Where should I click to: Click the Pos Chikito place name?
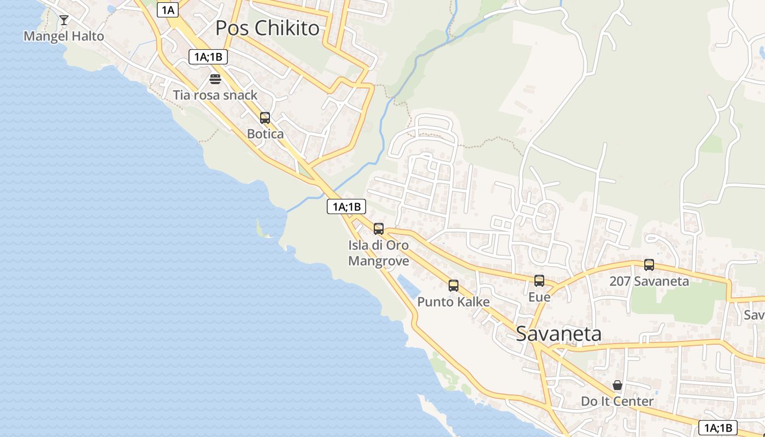click(267, 28)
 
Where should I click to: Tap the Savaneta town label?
click(558, 334)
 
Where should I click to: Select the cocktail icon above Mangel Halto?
click(64, 21)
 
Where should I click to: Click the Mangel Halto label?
click(63, 37)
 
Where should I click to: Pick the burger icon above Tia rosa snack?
click(215, 80)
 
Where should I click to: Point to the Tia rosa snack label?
click(215, 95)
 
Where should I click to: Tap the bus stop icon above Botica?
click(265, 118)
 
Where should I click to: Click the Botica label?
click(265, 134)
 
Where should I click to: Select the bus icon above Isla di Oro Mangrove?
click(379, 229)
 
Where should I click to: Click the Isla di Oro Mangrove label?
click(379, 253)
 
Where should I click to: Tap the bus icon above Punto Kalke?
click(454, 286)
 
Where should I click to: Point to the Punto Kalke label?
click(454, 302)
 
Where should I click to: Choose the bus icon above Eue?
click(539, 281)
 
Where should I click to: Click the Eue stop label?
click(539, 297)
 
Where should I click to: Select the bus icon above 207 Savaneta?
click(649, 265)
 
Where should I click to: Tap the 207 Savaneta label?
click(649, 281)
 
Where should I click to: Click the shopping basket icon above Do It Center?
click(617, 386)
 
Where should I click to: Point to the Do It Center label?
click(617, 401)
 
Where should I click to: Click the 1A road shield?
click(168, 9)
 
